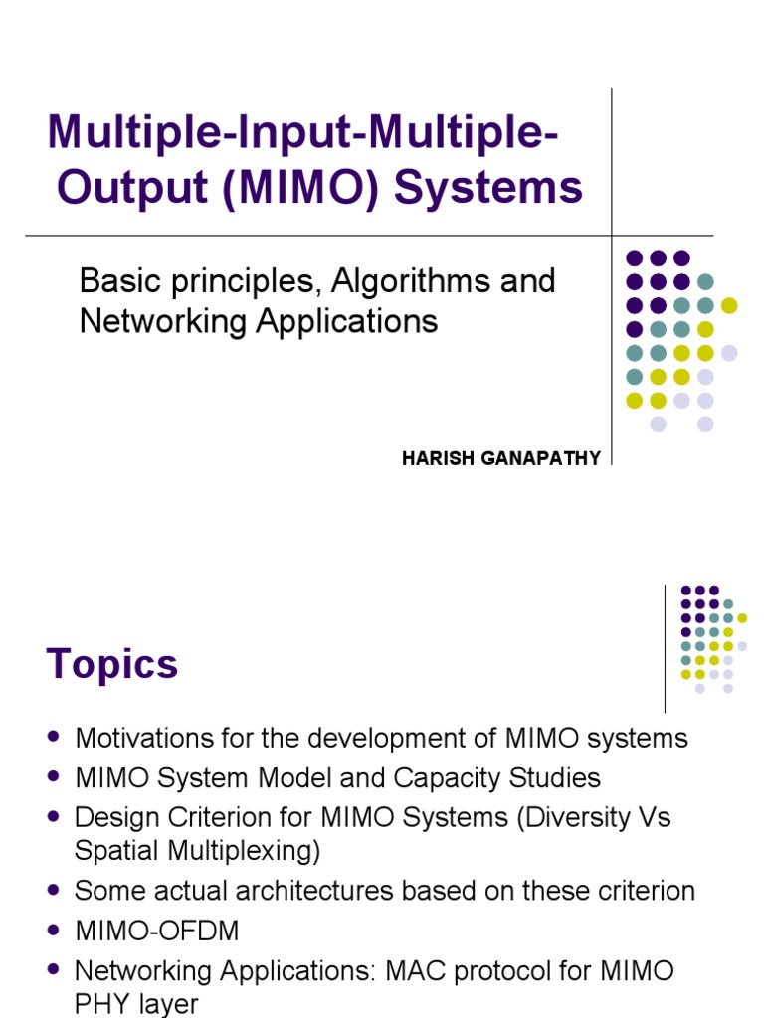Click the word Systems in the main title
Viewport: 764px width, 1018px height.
point(488,187)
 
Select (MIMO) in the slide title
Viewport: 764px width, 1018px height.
point(297,187)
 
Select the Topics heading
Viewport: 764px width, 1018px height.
point(112,665)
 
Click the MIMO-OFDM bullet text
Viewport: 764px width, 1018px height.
point(157,931)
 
